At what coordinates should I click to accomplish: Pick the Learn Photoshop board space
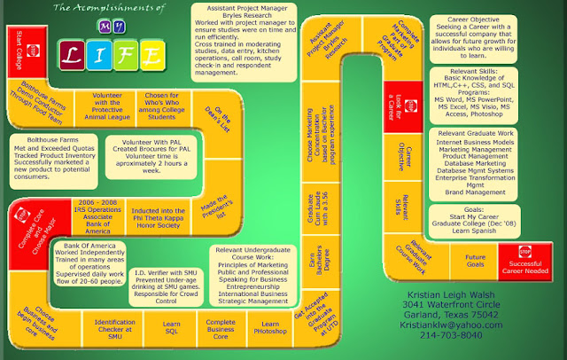[x=270, y=328]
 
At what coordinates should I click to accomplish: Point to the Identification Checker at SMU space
[x=114, y=328]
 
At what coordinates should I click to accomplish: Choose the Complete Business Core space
[x=221, y=328]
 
